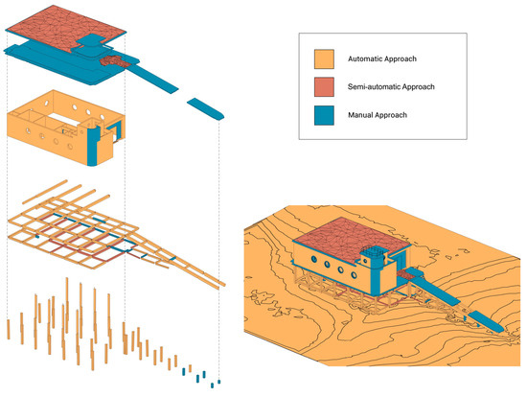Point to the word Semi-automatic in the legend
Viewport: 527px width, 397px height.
coord(378,87)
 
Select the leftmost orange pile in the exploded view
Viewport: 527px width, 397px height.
coord(8,327)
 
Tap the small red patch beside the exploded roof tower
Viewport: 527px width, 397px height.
coord(114,61)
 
